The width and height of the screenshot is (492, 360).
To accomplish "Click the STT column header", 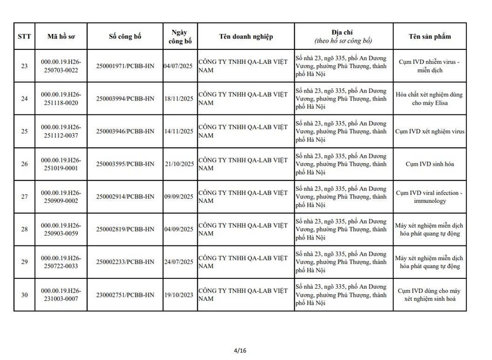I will [x=25, y=37].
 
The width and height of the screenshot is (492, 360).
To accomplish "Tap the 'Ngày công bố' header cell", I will [x=178, y=37].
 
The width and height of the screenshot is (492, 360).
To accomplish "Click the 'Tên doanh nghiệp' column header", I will [x=245, y=37].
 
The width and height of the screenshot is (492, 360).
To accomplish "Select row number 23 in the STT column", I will [x=25, y=66].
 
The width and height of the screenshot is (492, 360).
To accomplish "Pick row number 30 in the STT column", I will [x=25, y=295].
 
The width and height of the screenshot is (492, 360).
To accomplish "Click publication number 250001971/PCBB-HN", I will [x=125, y=66].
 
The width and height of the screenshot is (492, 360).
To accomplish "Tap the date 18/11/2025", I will [x=178, y=98].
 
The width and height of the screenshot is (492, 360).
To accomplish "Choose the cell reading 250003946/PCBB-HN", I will [x=125, y=131].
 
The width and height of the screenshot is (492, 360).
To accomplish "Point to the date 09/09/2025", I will [x=178, y=197].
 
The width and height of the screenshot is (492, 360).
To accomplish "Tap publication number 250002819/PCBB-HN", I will [x=125, y=230].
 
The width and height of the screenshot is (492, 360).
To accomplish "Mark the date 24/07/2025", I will [x=178, y=262].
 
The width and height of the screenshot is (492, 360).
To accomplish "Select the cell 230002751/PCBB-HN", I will [x=125, y=295].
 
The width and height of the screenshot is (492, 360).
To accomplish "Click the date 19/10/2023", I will [x=178, y=295].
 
